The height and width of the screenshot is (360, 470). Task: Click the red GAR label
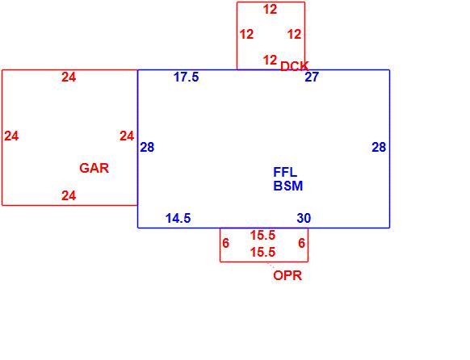tap(94, 168)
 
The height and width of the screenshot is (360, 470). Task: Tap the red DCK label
tap(294, 66)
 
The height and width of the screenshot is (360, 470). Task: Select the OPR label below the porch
tap(287, 275)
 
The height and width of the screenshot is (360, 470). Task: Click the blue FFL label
tap(285, 172)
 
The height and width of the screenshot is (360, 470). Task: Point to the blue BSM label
tap(288, 186)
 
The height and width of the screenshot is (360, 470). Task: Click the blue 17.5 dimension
tap(186, 77)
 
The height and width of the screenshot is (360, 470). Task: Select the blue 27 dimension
tap(312, 77)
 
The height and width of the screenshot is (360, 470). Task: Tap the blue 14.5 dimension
tap(178, 218)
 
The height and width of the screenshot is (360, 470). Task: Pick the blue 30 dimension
tap(304, 218)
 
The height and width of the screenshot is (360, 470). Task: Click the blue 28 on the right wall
tap(379, 148)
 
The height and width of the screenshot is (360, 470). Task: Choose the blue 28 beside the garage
tap(147, 148)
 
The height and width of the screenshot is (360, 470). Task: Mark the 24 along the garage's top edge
tap(69, 77)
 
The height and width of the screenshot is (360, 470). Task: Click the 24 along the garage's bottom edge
tap(69, 196)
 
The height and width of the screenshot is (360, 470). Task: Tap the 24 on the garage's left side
tap(11, 136)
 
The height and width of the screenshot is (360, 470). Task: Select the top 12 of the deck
tap(270, 10)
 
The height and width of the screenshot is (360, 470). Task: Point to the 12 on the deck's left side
tap(246, 35)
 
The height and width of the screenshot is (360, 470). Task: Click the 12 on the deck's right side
tap(294, 35)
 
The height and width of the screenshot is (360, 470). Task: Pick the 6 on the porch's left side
tap(225, 243)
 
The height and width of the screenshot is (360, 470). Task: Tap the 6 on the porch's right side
tap(301, 243)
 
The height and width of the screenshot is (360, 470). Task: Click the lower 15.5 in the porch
tap(262, 252)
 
